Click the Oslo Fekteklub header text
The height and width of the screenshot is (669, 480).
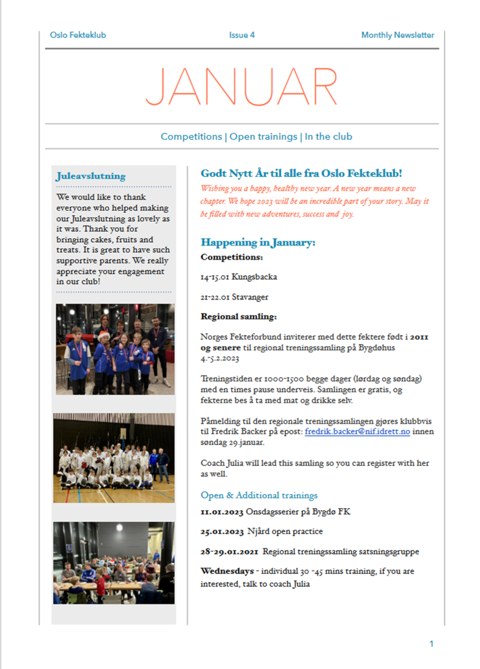(x=78, y=35)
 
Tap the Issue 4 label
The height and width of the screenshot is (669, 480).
(x=242, y=35)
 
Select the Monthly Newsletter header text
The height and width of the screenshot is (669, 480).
(x=397, y=35)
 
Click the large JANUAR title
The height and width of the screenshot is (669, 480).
(x=242, y=87)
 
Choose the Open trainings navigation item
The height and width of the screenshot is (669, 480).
(x=263, y=136)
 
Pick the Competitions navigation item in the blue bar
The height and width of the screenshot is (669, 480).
(x=191, y=136)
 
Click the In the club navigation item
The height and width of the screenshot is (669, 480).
(x=328, y=136)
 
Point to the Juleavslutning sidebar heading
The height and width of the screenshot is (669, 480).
(x=91, y=176)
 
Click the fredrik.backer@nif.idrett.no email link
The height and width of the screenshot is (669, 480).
(x=357, y=431)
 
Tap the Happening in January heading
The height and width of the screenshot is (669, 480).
(x=258, y=242)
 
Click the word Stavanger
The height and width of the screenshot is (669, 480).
(x=250, y=297)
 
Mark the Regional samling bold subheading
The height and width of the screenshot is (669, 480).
(x=238, y=316)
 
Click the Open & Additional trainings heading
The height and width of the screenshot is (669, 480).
(x=259, y=495)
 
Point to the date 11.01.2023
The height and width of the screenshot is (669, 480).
(x=222, y=512)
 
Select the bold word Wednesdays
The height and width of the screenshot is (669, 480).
(x=227, y=571)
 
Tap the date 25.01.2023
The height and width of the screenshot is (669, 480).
(x=222, y=532)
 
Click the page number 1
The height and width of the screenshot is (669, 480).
(x=431, y=644)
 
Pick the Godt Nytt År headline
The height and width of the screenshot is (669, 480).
(x=301, y=173)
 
